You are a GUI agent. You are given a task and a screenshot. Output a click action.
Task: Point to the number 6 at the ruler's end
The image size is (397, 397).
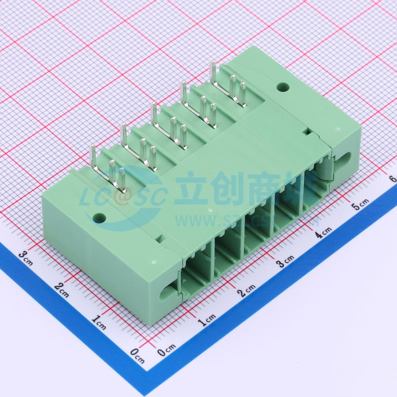point(394,179)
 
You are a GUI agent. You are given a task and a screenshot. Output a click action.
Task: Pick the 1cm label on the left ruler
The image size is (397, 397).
point(99,321)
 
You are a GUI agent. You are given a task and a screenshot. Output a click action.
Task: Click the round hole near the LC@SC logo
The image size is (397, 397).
point(99,217)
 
